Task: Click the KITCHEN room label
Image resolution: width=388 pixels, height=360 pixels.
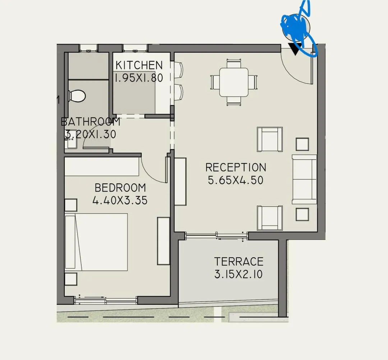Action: click(x=139, y=65)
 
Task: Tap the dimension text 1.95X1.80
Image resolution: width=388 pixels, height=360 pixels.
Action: click(x=139, y=78)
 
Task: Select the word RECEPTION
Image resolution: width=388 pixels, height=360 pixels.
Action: click(x=236, y=168)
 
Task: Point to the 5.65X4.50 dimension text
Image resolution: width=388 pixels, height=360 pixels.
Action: click(x=236, y=180)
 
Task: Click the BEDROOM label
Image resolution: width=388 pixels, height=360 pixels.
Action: click(x=120, y=188)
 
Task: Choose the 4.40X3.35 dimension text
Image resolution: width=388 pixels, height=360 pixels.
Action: click(x=120, y=200)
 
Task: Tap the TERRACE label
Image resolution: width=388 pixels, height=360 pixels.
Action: click(x=239, y=261)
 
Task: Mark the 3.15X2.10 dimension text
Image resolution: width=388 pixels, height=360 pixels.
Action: click(x=239, y=275)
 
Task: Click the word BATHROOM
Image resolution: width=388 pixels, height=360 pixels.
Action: click(x=91, y=122)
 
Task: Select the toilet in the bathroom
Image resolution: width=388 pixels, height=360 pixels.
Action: click(x=77, y=96)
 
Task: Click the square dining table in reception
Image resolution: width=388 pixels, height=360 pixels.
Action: click(x=234, y=82)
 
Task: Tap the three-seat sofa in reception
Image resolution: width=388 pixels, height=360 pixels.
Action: click(x=304, y=179)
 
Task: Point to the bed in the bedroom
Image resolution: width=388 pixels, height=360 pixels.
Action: click(x=96, y=242)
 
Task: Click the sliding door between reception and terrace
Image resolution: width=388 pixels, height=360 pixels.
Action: click(x=217, y=235)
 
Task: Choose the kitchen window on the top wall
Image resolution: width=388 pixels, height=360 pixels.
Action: click(x=135, y=47)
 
